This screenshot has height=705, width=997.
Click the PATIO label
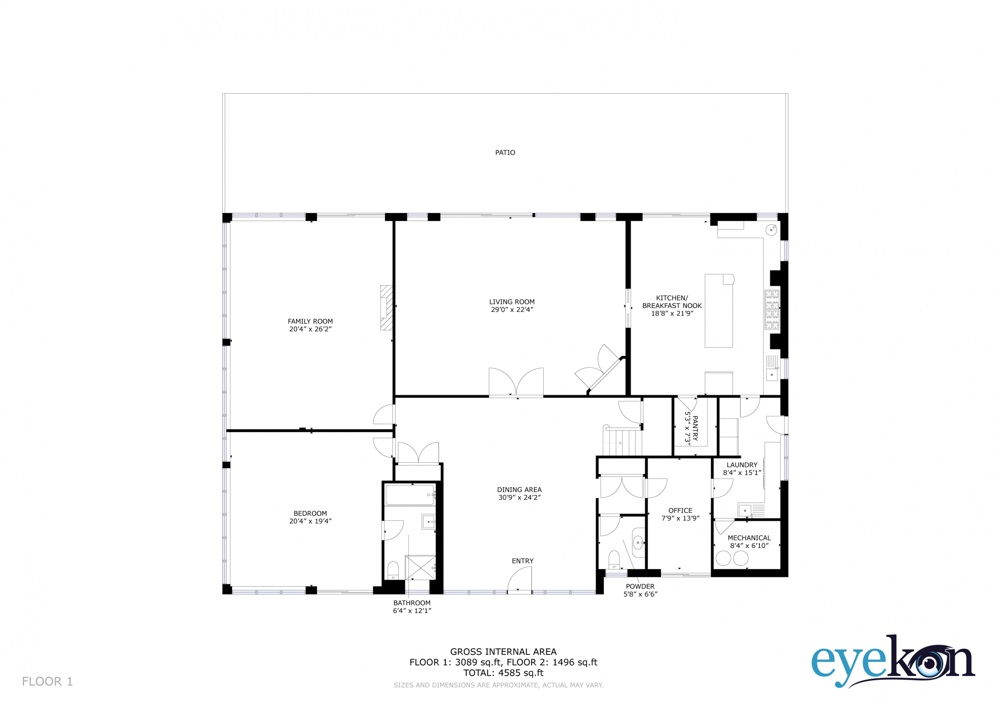point(505,152)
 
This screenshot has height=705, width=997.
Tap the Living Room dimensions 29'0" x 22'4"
point(512,310)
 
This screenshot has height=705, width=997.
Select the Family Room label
point(310,321)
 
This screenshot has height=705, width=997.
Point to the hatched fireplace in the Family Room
point(386,308)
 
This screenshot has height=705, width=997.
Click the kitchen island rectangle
point(719,310)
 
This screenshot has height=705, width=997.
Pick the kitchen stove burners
point(772,310)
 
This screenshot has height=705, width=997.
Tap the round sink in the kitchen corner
point(771,230)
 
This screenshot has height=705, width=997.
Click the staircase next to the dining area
point(622,441)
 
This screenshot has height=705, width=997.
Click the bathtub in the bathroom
point(410,495)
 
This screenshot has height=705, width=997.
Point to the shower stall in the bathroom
point(420,567)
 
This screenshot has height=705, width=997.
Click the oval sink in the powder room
point(638,543)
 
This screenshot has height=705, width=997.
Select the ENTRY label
point(522,561)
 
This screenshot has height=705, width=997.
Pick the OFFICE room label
point(680,510)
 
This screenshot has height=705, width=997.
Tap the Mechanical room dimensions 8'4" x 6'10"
point(749,546)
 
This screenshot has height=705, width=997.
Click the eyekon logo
point(893,661)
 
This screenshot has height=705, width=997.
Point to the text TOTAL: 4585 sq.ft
point(503,673)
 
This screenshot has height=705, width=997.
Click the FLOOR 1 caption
point(48,681)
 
